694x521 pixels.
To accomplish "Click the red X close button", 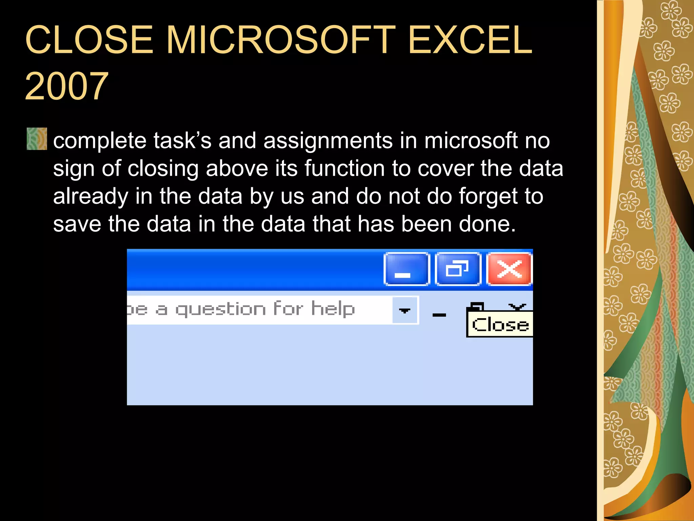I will (x=509, y=269).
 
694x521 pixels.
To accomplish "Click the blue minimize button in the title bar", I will (x=406, y=269).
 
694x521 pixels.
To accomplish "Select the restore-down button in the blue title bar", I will (x=458, y=269).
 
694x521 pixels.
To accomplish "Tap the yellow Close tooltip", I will (x=500, y=325).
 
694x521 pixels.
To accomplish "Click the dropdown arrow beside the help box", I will (x=405, y=310).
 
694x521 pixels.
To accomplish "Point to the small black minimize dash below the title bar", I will (x=439, y=315).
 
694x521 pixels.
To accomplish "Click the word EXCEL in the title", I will (x=470, y=40).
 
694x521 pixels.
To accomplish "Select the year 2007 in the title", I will (x=67, y=86).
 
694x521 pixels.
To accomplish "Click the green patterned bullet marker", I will (x=37, y=139).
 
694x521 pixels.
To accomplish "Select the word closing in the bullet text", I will (x=163, y=169).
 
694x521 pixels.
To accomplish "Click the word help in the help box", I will (x=333, y=309).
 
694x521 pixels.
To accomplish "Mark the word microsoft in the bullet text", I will (x=471, y=141).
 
